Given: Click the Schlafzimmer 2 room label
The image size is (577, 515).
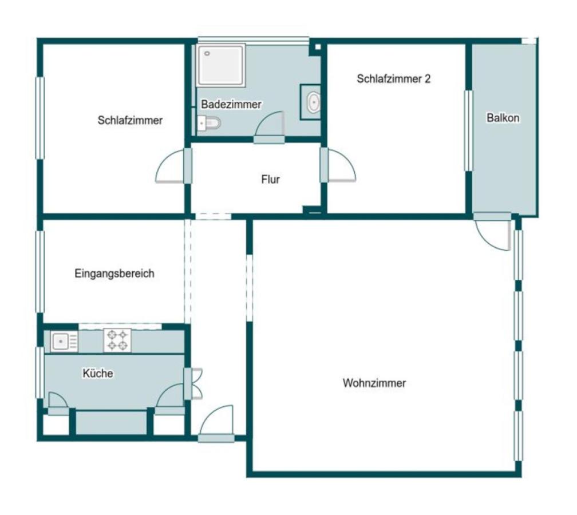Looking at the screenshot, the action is click(x=393, y=79).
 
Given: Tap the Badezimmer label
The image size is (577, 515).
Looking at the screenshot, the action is click(x=231, y=104).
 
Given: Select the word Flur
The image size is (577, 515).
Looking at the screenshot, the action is click(x=270, y=179).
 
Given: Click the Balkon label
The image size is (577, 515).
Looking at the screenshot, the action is click(x=503, y=118).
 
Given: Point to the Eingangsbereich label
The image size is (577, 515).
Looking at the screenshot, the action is click(x=114, y=274).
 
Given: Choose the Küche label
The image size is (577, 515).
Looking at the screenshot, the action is click(x=98, y=373).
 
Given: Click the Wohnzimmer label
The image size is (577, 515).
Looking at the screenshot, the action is click(x=374, y=383).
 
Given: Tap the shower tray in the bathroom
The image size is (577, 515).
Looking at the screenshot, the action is click(x=221, y=65).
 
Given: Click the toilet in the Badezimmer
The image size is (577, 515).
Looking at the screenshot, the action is click(x=208, y=123).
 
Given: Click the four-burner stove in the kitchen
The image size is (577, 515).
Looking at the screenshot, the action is click(x=117, y=340).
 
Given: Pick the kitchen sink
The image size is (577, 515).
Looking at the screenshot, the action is click(x=64, y=342).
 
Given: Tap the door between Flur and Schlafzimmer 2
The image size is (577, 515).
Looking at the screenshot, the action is click(x=338, y=165).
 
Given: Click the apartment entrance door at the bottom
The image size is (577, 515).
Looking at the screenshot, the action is click(x=216, y=423).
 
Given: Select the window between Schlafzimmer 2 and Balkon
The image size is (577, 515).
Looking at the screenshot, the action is click(x=468, y=130).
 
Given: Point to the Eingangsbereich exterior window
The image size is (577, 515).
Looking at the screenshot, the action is click(x=39, y=271).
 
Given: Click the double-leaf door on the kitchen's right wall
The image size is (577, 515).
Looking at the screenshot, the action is click(x=193, y=383).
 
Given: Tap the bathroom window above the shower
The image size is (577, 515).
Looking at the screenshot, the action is click(x=253, y=40).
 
